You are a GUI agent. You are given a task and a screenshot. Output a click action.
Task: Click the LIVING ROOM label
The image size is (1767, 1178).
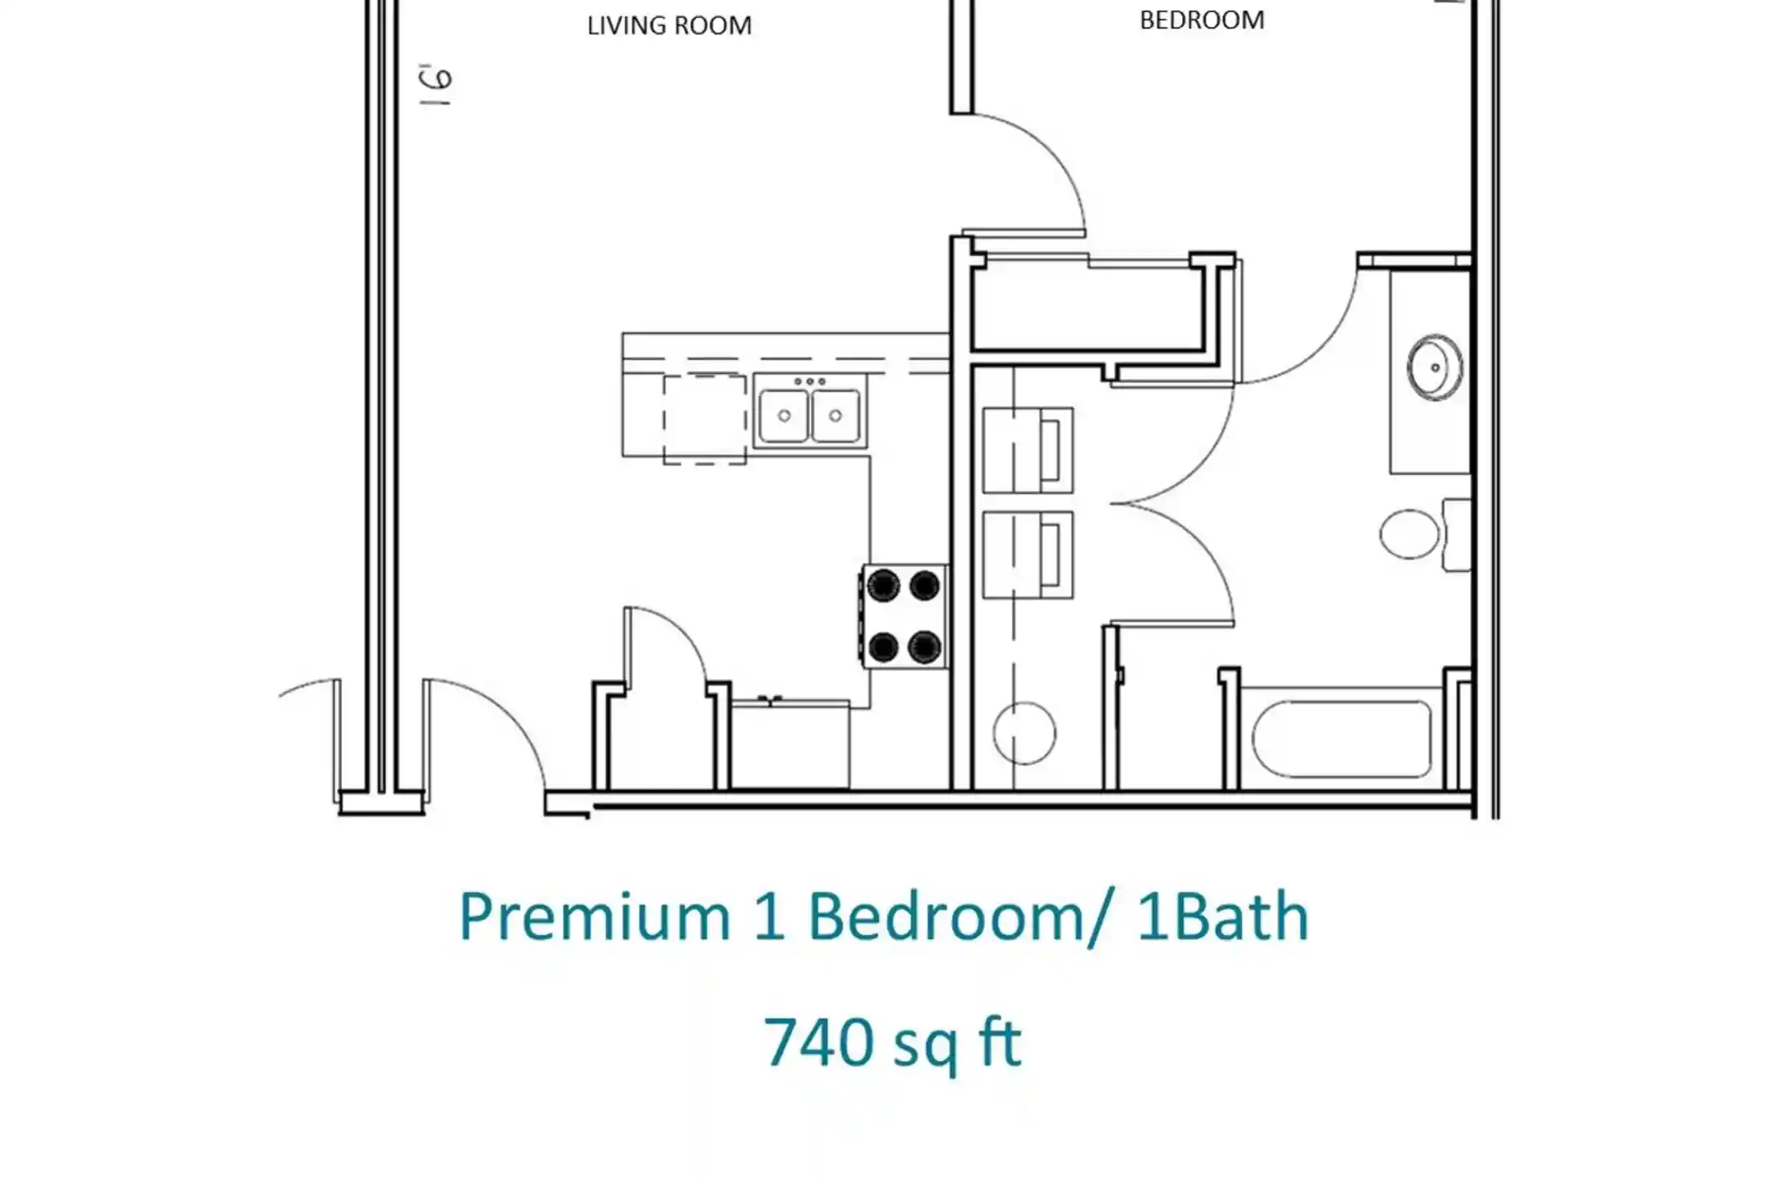669,25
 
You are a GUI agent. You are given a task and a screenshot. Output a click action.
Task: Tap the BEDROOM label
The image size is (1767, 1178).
1202,20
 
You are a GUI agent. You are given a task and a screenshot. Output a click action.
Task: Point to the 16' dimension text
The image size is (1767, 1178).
436,84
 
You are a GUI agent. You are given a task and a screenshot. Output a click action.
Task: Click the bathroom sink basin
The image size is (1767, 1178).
1435,367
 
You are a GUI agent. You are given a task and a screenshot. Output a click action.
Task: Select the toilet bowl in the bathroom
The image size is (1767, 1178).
1409,534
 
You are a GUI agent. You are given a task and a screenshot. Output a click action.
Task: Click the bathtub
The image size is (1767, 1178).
1342,739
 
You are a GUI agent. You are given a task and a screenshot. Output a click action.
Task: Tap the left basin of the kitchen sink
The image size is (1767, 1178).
784,416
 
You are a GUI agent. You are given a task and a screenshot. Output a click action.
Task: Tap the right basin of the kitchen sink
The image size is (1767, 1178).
835,416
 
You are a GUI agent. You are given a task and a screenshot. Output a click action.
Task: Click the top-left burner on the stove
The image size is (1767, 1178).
883,586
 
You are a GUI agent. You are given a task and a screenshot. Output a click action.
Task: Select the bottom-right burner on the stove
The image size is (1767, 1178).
924,647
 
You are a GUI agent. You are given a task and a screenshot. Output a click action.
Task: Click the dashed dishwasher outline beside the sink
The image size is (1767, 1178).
704,419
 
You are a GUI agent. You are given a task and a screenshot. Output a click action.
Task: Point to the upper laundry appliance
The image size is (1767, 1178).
1027,451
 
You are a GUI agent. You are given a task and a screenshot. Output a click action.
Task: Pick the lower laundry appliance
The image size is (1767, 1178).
1027,555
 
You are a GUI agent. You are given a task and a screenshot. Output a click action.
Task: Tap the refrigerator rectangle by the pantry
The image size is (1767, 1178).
790,744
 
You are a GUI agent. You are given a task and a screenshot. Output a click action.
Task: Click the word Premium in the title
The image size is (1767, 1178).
595,918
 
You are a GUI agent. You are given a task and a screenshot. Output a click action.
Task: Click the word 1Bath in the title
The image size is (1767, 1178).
1223,916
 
